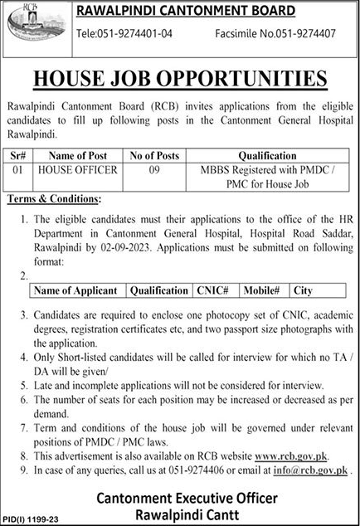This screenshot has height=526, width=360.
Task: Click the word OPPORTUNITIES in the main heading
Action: pos(249,79)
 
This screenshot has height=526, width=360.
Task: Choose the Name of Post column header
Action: pos(75,155)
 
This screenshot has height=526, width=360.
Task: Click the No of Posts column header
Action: pos(148,155)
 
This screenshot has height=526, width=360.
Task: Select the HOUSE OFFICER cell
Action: pos(75,169)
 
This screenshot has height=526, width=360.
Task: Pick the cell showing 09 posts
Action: pos(148,169)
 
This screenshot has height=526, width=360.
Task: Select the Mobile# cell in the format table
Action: pos(264,291)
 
